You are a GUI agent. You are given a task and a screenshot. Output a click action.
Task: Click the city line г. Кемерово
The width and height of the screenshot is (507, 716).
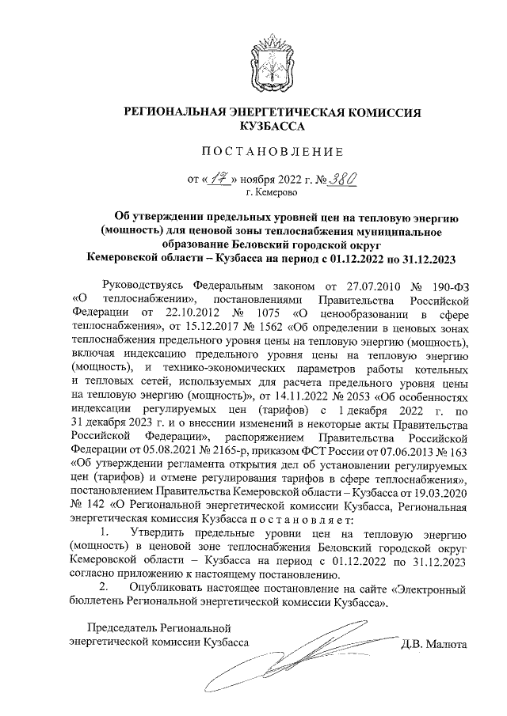272,192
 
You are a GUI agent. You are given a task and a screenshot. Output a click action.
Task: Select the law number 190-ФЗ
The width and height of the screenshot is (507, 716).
447,285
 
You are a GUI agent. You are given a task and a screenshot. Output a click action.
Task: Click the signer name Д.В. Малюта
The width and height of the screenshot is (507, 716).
435,643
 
